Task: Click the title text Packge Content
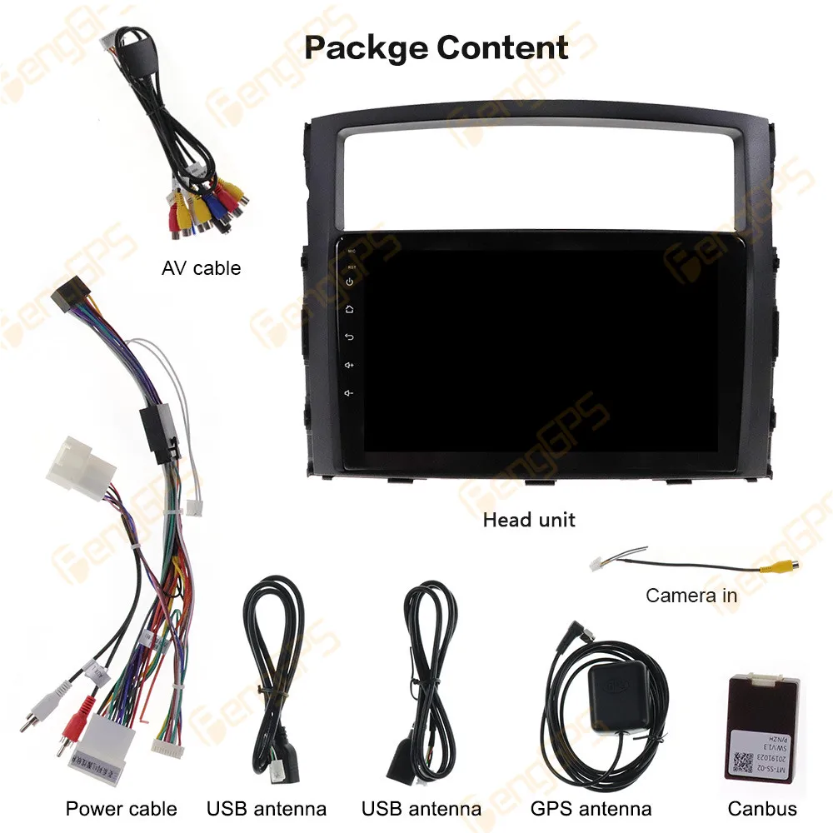click(x=436, y=47)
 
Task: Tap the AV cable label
click(x=201, y=268)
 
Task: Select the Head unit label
click(x=529, y=520)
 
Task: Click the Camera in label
click(x=691, y=596)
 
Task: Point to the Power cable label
click(x=122, y=808)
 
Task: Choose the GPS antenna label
click(x=591, y=808)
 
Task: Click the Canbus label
click(x=762, y=808)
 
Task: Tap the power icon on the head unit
click(x=350, y=282)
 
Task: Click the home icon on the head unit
click(x=350, y=309)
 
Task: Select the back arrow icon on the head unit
click(x=350, y=337)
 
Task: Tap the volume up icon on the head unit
click(x=350, y=365)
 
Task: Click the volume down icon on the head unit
click(x=350, y=393)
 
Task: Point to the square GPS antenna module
click(x=616, y=695)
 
